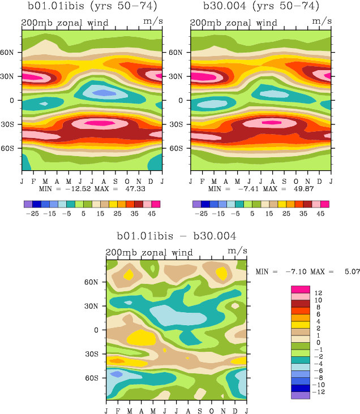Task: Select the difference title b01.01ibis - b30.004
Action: [177, 236]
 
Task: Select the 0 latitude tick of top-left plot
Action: [14, 100]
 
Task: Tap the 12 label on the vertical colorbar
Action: [318, 293]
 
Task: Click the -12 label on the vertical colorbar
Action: [319, 392]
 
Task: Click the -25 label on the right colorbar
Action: [201, 214]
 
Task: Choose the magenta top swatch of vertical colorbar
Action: [300, 290]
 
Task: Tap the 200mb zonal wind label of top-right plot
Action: [233, 23]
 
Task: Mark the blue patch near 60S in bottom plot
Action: [117, 374]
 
